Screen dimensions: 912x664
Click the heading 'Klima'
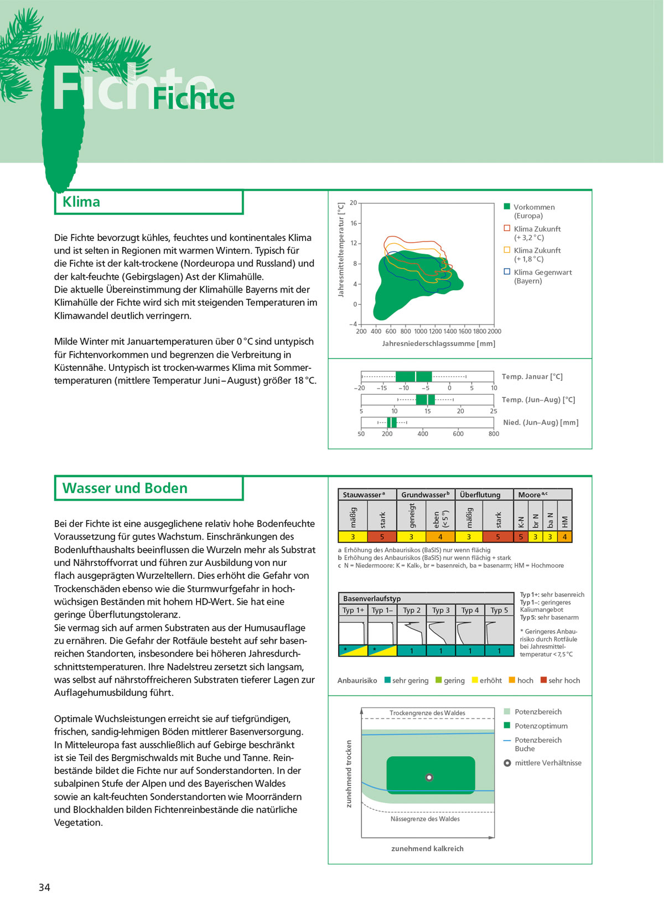pos(81,202)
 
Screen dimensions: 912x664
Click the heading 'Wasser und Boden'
pos(124,488)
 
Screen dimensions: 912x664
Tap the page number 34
pos(44,887)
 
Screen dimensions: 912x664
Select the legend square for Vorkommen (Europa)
pos(506,207)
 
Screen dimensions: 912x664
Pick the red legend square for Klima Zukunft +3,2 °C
pos(506,228)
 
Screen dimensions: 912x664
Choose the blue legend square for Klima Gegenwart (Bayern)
pos(506,271)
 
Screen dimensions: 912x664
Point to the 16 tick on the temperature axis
pos(354,223)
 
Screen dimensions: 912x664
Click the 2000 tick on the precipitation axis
pos(494,332)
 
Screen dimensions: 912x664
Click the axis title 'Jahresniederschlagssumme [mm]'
pos(438,344)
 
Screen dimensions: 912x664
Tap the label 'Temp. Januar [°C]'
pos(532,376)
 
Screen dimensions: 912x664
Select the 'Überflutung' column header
pos(480,495)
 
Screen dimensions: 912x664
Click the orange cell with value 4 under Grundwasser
pos(440,537)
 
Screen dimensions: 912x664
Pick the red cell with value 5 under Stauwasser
pos(382,537)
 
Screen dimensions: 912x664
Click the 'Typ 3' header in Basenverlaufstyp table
pos(440,610)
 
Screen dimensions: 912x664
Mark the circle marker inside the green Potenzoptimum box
pos(429,777)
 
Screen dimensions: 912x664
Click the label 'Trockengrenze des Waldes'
pos(427,713)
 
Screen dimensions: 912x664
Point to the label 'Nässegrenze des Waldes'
pos(425,819)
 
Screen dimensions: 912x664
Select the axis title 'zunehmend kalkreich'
pos(427,848)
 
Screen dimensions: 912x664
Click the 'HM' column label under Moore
pos(564,521)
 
